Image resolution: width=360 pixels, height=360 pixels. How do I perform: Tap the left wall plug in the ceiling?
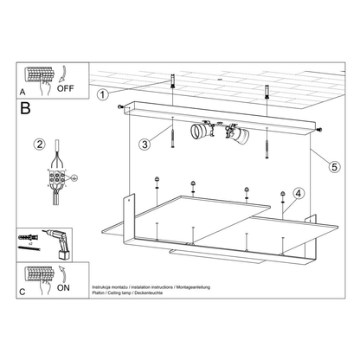coord(176,85)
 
